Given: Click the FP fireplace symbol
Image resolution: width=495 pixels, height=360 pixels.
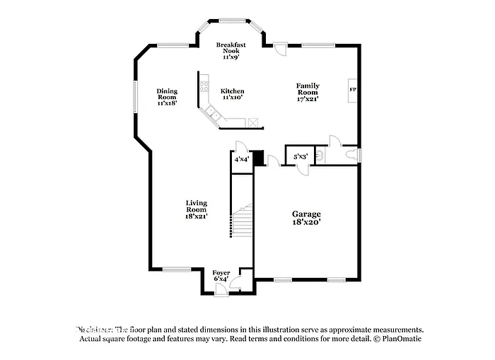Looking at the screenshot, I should [351, 91].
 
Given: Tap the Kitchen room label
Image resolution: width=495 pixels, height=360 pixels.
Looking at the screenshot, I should [233, 91].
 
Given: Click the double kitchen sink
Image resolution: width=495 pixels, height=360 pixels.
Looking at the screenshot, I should [211, 112].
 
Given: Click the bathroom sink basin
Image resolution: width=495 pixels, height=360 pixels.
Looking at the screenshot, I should [320, 154].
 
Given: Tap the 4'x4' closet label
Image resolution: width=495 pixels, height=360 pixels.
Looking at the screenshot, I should [241, 159].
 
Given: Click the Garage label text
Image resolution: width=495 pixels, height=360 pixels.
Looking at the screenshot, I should [307, 214].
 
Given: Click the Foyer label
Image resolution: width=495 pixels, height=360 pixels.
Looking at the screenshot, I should [221, 272].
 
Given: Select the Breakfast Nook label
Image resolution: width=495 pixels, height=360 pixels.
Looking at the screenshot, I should [231, 48].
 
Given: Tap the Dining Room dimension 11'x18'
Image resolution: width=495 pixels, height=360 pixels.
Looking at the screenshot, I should [167, 103].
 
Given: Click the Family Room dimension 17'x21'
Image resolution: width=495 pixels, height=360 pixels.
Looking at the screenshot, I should [308, 98].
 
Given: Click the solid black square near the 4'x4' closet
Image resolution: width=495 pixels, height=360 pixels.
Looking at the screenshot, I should [259, 157].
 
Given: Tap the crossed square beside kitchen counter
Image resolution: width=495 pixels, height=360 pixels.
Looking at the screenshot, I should [252, 122].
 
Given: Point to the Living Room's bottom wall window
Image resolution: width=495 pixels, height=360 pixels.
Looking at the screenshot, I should [177, 269].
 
